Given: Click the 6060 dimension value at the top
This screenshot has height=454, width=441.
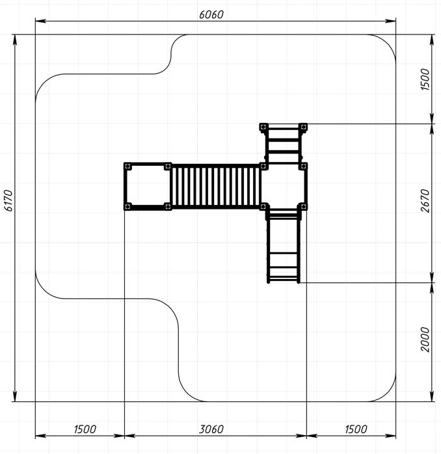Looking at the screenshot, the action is [211, 14].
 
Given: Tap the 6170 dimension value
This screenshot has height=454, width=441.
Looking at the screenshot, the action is [8, 200].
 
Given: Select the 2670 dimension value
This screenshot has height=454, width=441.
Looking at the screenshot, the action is [425, 200].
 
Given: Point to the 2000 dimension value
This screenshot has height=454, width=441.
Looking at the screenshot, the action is [425, 340].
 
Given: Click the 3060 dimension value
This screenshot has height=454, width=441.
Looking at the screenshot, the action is [211, 429].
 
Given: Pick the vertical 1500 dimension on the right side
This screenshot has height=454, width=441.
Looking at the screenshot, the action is [425, 79].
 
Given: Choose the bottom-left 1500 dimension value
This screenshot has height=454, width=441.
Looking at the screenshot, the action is [85, 429].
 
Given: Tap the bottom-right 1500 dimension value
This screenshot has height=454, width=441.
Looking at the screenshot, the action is [356, 429].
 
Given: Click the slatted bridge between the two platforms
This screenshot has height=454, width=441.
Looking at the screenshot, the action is [216, 186].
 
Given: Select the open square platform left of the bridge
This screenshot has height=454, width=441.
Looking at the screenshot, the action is [148, 186].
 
